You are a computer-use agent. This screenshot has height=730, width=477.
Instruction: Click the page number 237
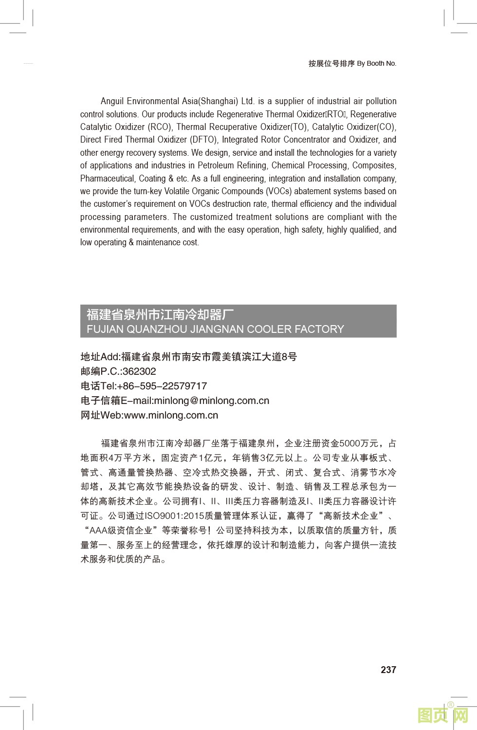[388, 670]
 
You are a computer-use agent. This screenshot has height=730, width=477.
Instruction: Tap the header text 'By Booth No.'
[377, 63]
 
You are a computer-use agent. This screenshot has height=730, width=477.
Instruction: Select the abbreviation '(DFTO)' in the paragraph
[203, 140]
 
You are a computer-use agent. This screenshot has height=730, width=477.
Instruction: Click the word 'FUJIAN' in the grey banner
[105, 329]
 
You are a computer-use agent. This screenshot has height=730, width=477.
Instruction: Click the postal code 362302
[139, 371]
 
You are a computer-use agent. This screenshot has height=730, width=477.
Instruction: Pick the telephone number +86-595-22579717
[162, 386]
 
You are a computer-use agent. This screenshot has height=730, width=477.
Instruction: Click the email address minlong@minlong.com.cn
[211, 401]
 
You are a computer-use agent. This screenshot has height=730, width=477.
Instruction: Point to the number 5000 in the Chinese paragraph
[349, 443]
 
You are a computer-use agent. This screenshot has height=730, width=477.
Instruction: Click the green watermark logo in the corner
[442, 715]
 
